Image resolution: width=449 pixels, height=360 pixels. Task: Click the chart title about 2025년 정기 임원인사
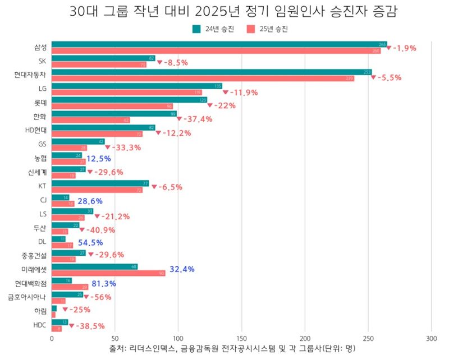pyautogui.click(x=224, y=12)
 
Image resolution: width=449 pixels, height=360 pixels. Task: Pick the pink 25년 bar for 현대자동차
pyautogui.click(x=203, y=79)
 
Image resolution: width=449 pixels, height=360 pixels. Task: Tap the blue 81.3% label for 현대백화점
pyautogui.click(x=104, y=284)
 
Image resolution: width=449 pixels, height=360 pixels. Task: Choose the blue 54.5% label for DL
pyautogui.click(x=90, y=242)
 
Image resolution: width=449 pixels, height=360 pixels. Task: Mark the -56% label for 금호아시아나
pyautogui.click(x=100, y=297)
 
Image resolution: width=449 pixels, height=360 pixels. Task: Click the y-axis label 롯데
pyautogui.click(x=40, y=103)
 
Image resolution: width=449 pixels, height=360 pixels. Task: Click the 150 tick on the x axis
pyautogui.click(x=241, y=338)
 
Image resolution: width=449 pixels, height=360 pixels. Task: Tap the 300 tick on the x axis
pyautogui.click(x=431, y=338)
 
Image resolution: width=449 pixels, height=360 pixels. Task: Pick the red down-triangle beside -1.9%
pyautogui.click(x=389, y=48)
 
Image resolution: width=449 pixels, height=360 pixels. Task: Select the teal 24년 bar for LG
pyautogui.click(x=137, y=86)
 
